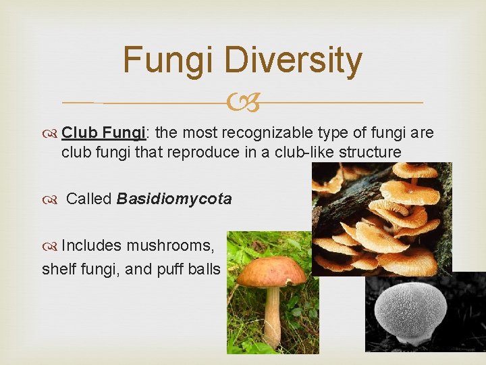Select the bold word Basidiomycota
point(174,199)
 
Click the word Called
point(89,199)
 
